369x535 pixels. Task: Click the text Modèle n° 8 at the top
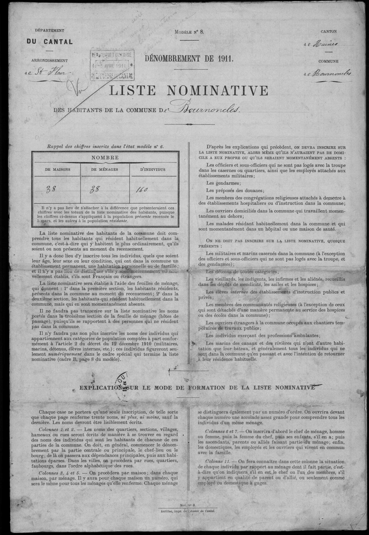click(x=189, y=32)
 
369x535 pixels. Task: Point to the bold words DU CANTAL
click(x=49, y=42)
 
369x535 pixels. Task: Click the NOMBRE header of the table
click(x=105, y=158)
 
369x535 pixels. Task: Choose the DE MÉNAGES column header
click(x=105, y=169)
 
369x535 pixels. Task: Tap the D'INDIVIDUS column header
click(x=154, y=169)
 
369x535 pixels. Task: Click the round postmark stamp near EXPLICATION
click(x=122, y=382)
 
